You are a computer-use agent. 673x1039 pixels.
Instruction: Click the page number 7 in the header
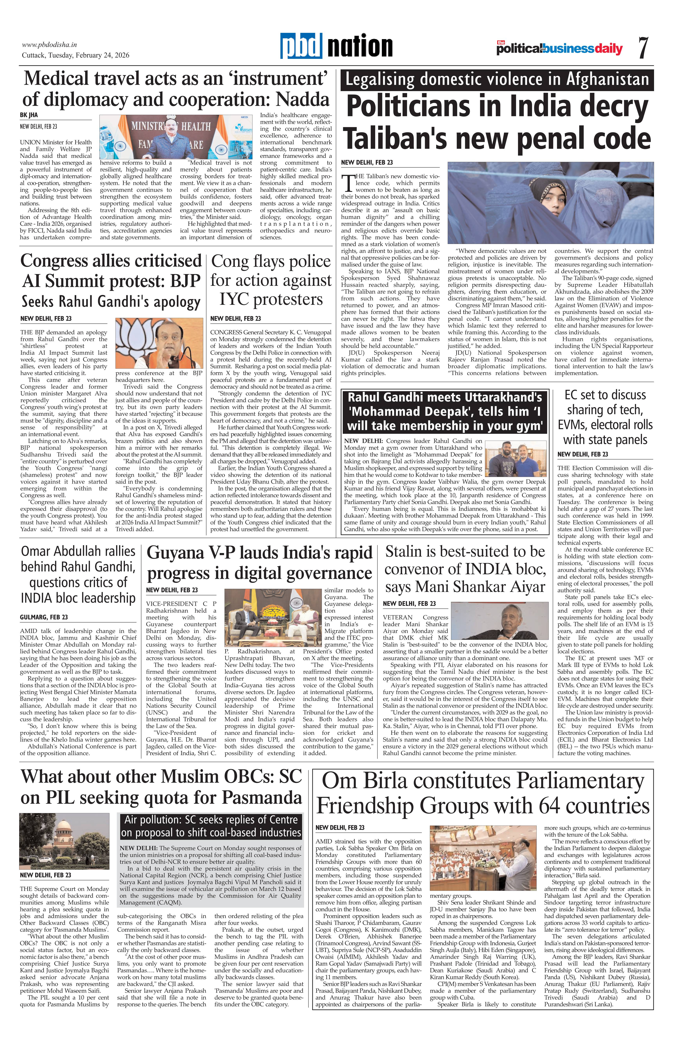643,48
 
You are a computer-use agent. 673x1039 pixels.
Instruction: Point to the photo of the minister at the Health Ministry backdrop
176,137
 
